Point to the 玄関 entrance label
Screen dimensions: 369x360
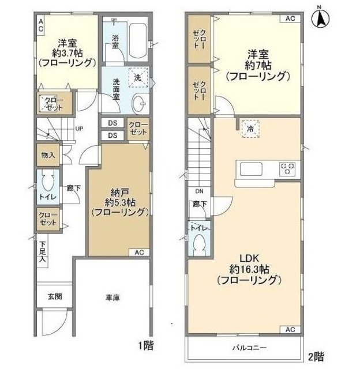click(x=55, y=297)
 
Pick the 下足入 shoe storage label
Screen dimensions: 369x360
click(x=44, y=253)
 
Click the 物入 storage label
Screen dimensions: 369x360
click(x=48, y=155)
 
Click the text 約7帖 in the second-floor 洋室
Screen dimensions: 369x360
click(x=257, y=65)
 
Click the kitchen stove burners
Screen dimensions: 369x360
click(x=288, y=169)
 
